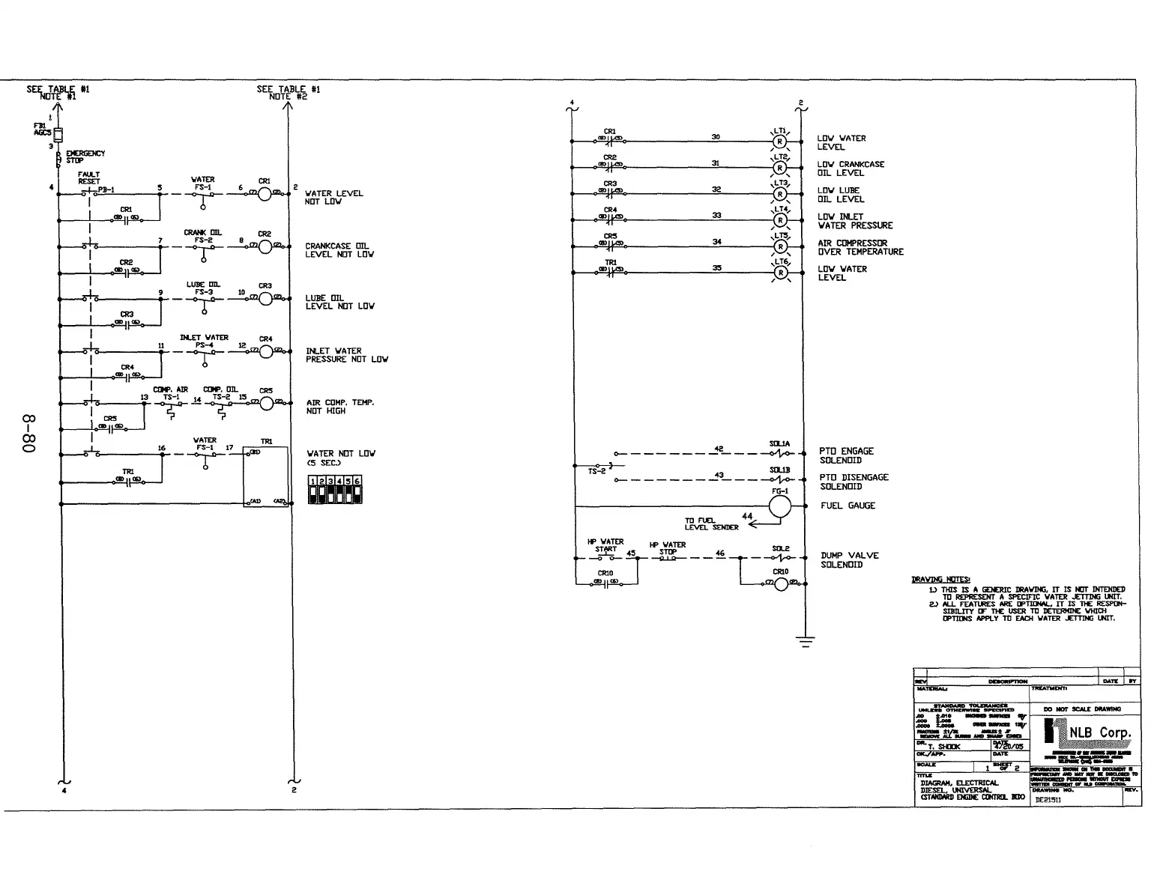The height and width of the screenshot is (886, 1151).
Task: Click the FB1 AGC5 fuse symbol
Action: pos(58,134)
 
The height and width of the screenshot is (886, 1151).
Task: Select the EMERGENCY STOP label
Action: pos(85,157)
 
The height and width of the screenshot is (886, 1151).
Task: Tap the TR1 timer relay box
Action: pos(266,476)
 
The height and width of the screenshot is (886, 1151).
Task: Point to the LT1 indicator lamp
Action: pos(780,142)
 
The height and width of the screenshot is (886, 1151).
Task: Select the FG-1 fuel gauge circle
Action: pos(780,506)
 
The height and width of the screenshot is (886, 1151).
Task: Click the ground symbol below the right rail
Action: pos(806,641)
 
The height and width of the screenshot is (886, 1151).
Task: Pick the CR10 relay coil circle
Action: pos(781,583)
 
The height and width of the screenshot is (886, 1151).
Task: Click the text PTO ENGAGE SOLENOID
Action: pos(846,455)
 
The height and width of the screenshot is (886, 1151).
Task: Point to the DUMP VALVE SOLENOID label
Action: pos(849,559)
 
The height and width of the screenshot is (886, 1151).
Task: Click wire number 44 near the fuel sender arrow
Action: pos(747,516)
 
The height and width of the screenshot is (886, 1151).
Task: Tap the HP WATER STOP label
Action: pos(668,548)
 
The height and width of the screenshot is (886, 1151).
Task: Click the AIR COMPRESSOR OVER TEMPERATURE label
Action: pos(860,247)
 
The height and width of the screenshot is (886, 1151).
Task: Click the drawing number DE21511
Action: pos(1048,800)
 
